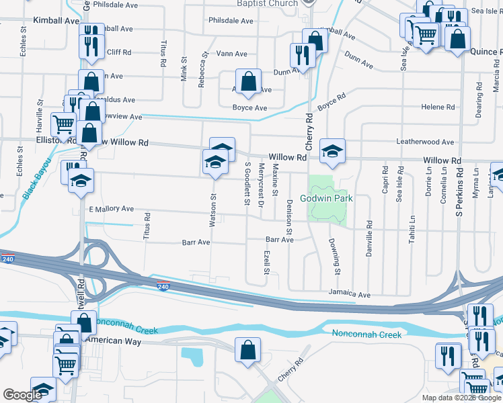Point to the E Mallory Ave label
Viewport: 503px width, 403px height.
112,210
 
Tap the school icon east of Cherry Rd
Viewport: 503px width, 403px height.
332,151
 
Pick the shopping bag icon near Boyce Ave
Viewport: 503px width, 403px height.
248,81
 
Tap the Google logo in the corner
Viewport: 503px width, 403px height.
22,395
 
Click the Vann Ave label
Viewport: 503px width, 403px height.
232,54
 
